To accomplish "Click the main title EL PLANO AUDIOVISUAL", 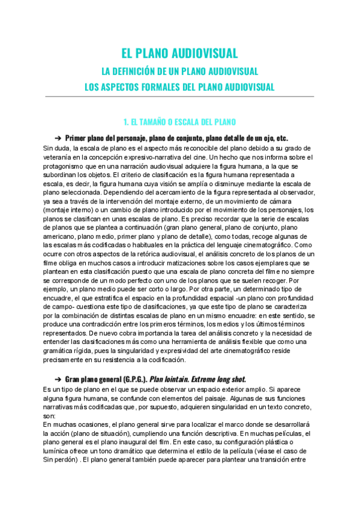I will click(x=179, y=52).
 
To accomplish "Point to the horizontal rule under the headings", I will click(x=179, y=96).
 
